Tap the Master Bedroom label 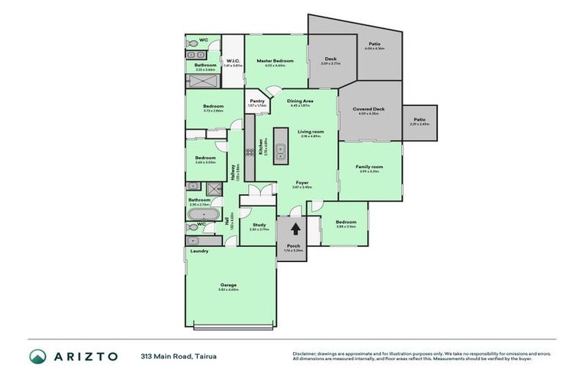(271, 60)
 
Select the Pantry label (257, 101)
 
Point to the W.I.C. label (233, 60)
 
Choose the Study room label (259, 225)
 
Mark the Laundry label (199, 251)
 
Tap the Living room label (311, 131)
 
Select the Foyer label (303, 183)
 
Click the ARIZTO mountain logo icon (37, 356)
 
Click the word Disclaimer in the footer (304, 353)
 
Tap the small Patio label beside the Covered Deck (420, 120)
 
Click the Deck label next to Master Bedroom (330, 59)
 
